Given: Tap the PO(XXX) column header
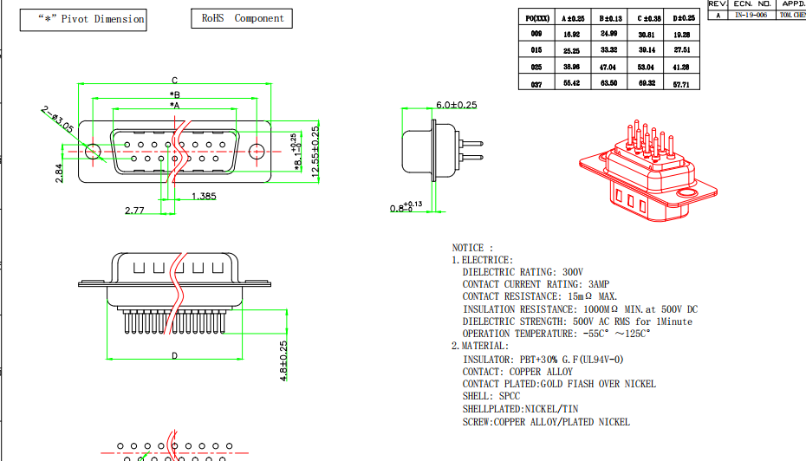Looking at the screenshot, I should click(x=537, y=17).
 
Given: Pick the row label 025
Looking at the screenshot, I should click(x=536, y=67).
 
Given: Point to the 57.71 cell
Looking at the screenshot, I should click(x=681, y=84).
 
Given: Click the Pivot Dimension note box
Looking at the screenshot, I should click(x=83, y=19).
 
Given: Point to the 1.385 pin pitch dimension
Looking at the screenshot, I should click(x=203, y=197).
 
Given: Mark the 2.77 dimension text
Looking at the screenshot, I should click(x=134, y=210).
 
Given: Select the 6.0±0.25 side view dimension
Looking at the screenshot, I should click(x=457, y=105).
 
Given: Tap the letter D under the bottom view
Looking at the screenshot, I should click(x=175, y=355).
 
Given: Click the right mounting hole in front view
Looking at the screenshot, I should click(x=256, y=151).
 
